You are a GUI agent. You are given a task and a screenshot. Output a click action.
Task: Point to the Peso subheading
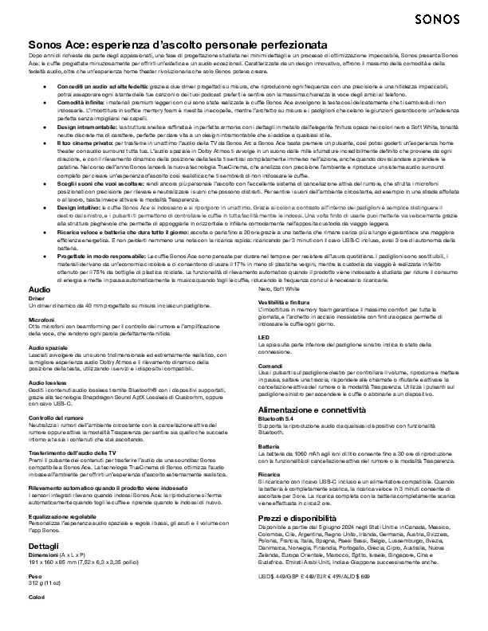coord(34,552)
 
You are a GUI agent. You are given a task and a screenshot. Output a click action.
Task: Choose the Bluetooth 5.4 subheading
coord(275,417)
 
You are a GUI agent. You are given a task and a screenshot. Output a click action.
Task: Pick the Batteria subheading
coord(270,447)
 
